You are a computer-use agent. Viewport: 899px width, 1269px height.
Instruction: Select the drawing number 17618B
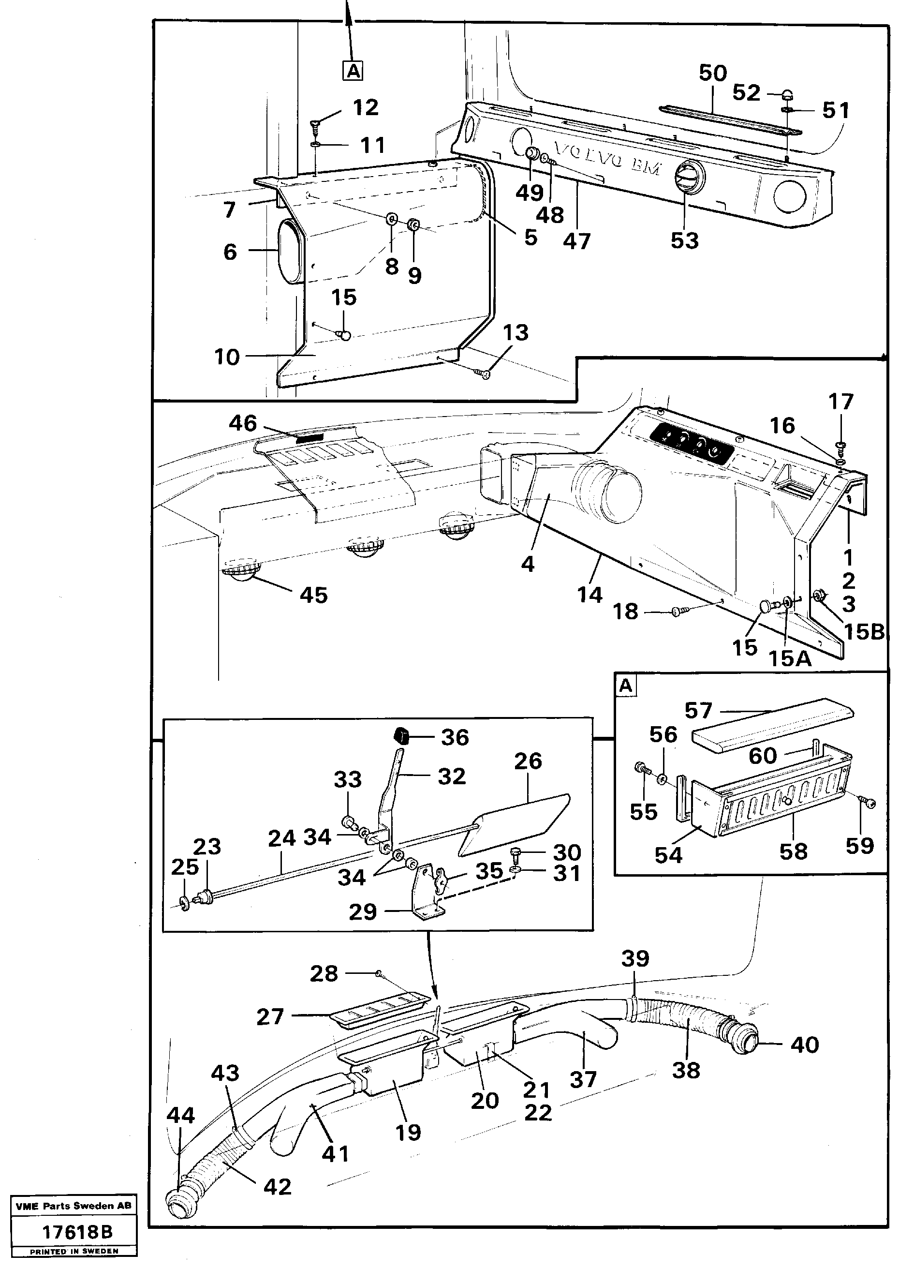tap(77, 1232)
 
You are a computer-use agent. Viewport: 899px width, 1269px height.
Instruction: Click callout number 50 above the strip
tap(712, 73)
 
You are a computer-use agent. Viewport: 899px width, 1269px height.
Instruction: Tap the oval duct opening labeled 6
tap(288, 250)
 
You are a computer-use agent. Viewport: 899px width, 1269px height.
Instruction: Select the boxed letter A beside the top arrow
tap(353, 71)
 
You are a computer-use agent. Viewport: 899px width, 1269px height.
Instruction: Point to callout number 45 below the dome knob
tap(313, 595)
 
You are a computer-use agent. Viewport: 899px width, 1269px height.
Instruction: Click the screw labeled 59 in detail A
tap(868, 803)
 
